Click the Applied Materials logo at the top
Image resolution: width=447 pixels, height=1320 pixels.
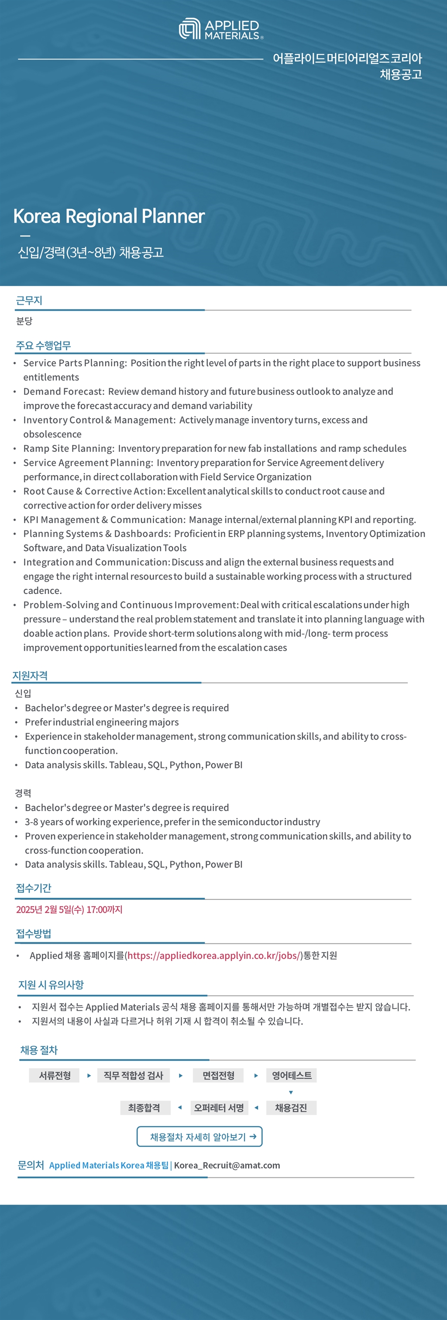click(221, 29)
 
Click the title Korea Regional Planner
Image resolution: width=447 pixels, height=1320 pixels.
click(109, 216)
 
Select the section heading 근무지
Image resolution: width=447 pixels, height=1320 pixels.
click(29, 301)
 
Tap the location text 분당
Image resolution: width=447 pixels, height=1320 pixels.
click(24, 321)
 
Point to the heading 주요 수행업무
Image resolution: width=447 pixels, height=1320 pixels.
click(43, 345)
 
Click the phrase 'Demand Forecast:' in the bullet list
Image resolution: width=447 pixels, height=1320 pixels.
click(63, 392)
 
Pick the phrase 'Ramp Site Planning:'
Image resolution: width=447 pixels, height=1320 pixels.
click(69, 448)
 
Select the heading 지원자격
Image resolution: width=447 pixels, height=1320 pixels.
click(30, 675)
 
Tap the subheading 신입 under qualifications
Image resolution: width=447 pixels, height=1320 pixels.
click(23, 693)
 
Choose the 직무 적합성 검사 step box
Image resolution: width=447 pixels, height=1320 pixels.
click(133, 1075)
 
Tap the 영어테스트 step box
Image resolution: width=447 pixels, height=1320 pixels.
click(291, 1075)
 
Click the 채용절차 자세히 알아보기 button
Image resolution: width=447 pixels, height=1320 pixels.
click(199, 1136)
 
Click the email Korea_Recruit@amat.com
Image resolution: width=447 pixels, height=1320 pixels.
click(227, 1165)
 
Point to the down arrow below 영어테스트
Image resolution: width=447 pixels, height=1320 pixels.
click(291, 1092)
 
